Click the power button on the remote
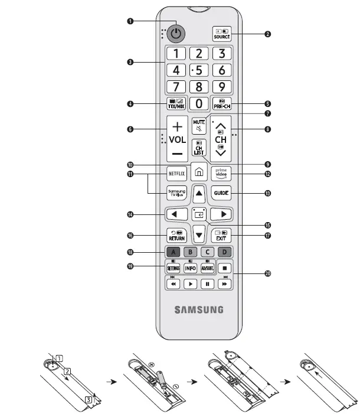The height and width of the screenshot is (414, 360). coord(175,34)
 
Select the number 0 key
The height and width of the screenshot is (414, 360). coord(199,104)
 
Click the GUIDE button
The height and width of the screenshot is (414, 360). coord(221,193)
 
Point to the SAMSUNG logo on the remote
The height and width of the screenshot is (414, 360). coord(199,309)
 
